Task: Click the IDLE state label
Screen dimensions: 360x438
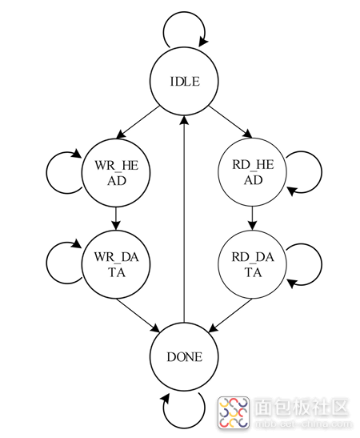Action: (185, 82)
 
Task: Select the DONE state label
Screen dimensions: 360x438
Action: (185, 357)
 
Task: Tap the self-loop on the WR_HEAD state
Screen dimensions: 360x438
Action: (46, 173)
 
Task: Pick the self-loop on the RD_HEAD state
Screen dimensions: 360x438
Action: (322, 172)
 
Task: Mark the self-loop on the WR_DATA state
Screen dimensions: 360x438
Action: (46, 263)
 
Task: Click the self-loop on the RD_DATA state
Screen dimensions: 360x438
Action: (322, 264)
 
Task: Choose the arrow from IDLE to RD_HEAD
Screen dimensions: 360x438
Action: (230, 122)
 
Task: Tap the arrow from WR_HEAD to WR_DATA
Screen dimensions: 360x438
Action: (116, 219)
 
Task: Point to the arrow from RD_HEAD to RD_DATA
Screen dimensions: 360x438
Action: (252, 218)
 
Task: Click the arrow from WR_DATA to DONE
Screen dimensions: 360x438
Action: (138, 315)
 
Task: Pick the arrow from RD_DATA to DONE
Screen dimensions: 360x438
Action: (230, 315)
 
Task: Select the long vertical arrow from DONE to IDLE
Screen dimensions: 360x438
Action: (184, 219)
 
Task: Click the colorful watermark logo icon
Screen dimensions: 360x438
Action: (234, 412)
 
